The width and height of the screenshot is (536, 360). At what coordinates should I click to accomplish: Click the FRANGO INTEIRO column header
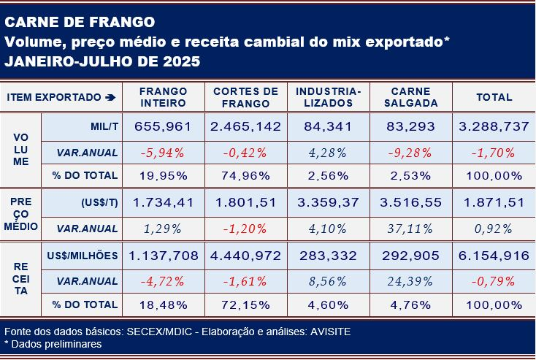(x=164, y=97)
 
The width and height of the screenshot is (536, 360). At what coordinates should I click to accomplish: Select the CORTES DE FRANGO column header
(x=245, y=97)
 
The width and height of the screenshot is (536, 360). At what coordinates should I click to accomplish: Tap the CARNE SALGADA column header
(x=410, y=97)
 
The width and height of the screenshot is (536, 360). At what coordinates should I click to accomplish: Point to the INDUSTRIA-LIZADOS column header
(x=329, y=97)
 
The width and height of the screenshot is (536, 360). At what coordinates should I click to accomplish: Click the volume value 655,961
(x=164, y=126)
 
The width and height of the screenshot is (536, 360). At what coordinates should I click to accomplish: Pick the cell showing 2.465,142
(x=245, y=126)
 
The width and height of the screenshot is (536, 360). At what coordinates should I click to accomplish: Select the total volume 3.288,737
(x=494, y=126)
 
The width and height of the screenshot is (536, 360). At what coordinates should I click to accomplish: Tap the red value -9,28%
(x=410, y=153)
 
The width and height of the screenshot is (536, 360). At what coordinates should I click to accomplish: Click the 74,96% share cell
(x=245, y=175)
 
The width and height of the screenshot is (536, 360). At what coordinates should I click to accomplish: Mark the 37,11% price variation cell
(x=410, y=229)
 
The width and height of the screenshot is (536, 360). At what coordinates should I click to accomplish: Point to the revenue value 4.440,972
(x=245, y=256)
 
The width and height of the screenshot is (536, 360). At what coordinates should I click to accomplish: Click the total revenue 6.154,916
(x=494, y=256)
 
